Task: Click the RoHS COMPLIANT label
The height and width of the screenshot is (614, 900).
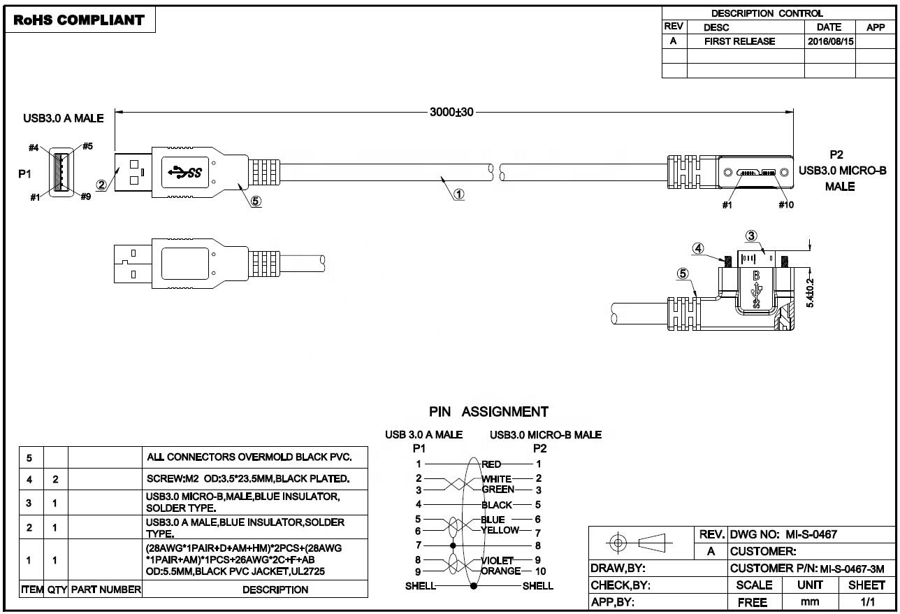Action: click(x=79, y=20)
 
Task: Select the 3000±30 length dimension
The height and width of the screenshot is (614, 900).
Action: click(x=451, y=112)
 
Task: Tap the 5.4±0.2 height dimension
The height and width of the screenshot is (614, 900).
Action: click(x=810, y=293)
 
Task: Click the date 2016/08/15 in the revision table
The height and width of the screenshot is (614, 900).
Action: click(x=831, y=41)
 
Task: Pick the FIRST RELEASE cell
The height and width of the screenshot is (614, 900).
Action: click(x=739, y=41)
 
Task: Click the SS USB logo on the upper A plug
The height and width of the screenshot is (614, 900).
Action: click(x=184, y=172)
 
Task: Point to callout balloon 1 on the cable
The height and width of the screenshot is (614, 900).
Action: click(x=459, y=194)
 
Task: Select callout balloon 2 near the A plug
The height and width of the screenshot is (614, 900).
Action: click(x=101, y=185)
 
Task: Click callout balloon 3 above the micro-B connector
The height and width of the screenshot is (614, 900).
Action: click(x=751, y=236)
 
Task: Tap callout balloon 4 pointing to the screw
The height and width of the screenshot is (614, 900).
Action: click(x=698, y=248)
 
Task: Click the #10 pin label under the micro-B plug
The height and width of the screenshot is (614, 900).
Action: click(x=786, y=205)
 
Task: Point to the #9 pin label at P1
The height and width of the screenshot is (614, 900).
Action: click(x=85, y=197)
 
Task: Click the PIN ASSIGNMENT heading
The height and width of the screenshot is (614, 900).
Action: click(x=488, y=412)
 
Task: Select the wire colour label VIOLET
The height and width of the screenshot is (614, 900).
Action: click(x=498, y=560)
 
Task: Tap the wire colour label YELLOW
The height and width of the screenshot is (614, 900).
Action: click(x=500, y=530)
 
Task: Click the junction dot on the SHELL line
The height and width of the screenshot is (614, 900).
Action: click(x=474, y=586)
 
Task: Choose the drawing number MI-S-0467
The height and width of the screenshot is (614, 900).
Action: click(x=812, y=534)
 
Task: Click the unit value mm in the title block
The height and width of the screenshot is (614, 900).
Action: click(x=810, y=601)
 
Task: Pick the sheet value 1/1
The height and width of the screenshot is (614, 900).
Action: click(x=868, y=601)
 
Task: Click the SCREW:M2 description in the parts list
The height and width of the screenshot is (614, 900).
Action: click(x=248, y=478)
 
